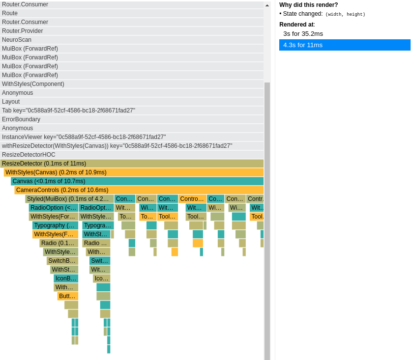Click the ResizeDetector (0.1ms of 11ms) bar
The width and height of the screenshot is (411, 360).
pos(132,164)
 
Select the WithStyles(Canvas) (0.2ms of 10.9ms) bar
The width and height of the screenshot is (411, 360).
pos(134,172)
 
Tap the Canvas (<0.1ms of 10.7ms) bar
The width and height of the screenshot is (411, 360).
pos(137,181)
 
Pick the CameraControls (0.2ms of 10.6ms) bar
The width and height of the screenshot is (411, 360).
pos(139,190)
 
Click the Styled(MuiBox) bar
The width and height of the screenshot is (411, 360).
pos(69,199)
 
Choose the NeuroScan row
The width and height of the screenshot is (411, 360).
pos(132,40)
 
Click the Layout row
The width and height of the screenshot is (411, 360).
pos(132,102)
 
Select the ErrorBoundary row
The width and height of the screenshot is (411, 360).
pos(132,119)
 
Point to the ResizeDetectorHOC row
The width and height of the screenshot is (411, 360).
pos(132,155)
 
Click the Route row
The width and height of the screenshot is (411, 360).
pos(132,13)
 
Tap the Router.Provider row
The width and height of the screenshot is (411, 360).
pos(132,31)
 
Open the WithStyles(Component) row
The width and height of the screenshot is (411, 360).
pos(132,84)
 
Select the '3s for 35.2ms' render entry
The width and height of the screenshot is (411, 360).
pos(303,34)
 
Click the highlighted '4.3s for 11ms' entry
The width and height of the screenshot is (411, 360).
pos(345,45)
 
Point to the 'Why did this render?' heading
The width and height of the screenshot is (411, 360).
pos(309,5)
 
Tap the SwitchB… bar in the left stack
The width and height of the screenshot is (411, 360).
pos(62,261)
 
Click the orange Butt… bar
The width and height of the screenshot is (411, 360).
pos(68,296)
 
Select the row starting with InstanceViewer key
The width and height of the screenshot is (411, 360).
pos(132,137)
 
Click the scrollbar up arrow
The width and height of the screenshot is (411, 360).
pos(267,5)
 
